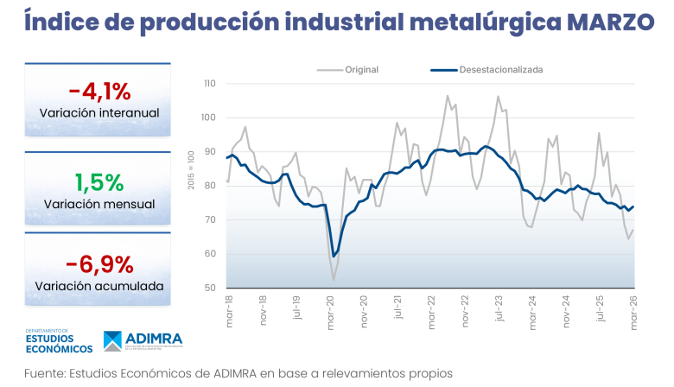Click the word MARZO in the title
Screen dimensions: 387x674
point(604,22)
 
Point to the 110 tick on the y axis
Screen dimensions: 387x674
point(209,84)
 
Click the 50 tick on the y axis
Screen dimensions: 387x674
point(211,288)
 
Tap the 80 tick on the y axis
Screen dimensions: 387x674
point(211,186)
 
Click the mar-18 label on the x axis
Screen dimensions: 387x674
point(228,310)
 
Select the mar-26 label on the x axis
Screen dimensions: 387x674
point(633,310)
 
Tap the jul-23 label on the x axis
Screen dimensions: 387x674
point(499,310)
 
